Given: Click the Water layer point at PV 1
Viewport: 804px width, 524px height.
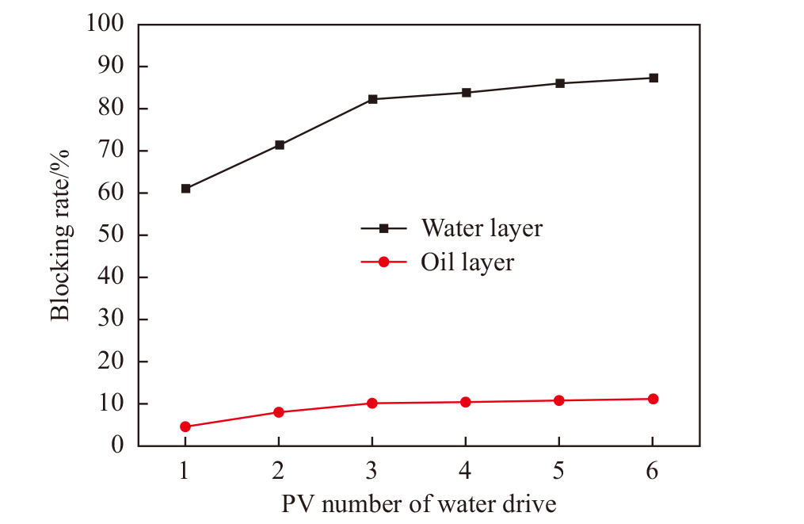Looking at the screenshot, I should [185, 189].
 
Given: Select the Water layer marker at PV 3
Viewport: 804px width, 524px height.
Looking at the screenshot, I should [372, 99].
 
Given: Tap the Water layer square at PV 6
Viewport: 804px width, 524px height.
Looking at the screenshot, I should [653, 78].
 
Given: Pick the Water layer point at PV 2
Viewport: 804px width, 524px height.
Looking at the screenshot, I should [279, 145].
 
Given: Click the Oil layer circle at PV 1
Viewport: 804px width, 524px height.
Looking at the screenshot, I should [185, 426].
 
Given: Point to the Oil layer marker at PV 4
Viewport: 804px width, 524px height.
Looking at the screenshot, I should [466, 402].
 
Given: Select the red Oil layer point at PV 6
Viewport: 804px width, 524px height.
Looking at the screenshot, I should [653, 399].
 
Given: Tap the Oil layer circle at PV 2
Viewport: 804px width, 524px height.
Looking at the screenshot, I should [279, 412].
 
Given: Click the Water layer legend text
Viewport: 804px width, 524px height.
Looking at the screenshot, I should [482, 228].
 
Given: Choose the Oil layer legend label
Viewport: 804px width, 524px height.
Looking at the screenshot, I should [467, 262].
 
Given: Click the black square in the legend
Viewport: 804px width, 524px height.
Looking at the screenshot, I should [384, 228].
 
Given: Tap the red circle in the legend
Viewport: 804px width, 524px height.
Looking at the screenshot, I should [384, 262].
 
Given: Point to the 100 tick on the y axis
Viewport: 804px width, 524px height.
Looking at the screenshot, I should [106, 24].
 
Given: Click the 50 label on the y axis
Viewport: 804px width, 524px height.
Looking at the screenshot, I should [114, 235].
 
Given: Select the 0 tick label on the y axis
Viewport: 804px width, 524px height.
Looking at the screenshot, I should [119, 446].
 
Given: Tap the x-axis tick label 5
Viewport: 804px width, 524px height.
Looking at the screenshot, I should [559, 470].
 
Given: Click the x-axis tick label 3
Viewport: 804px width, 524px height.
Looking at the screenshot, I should [372, 470].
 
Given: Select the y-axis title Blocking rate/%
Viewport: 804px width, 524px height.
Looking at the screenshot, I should [61, 235].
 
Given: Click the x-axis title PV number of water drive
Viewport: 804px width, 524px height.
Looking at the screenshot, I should [419, 504].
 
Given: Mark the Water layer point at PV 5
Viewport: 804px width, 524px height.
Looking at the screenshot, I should [559, 83].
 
